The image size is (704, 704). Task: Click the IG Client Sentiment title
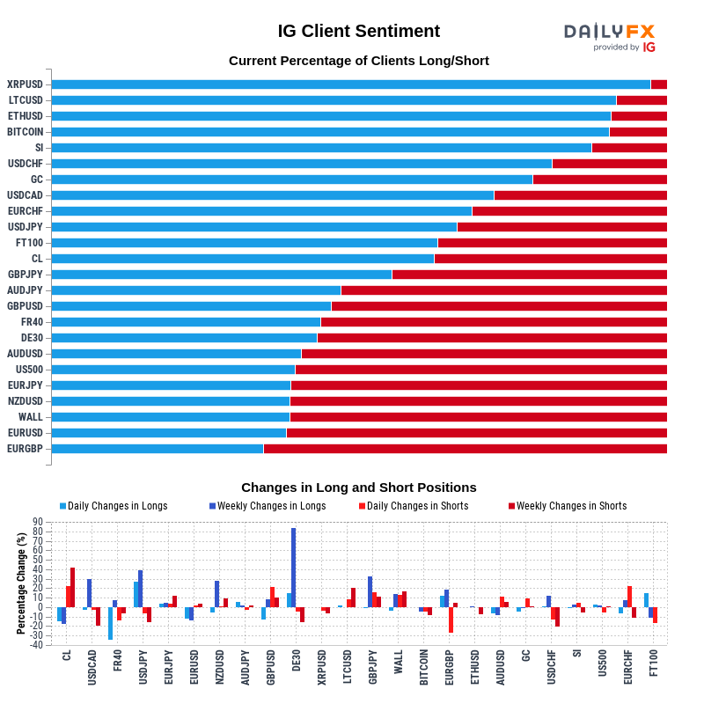pos(359,31)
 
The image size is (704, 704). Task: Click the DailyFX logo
pos(610,36)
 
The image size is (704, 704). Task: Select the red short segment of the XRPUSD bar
pos(658,84)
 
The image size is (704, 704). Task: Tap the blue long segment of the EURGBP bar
pos(158,449)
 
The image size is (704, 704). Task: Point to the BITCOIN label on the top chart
pos(26,132)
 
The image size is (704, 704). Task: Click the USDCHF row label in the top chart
pos(26,164)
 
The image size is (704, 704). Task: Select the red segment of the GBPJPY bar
pos(529,275)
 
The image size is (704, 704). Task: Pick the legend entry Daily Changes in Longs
pos(114,506)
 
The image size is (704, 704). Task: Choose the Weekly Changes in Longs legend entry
pos(268,506)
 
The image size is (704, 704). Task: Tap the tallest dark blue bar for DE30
pos(293,568)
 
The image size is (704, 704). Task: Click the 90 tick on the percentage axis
pos(38,522)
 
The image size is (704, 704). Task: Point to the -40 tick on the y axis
pos(36,645)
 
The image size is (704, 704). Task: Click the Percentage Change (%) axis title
pos(21,583)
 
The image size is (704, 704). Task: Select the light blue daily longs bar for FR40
pos(110,623)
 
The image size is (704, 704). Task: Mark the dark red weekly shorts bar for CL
pos(72,587)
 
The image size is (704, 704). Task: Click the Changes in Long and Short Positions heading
pos(359,488)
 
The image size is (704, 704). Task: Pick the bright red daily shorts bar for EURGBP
pos(451,620)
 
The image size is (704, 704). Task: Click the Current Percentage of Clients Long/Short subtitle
pos(359,61)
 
